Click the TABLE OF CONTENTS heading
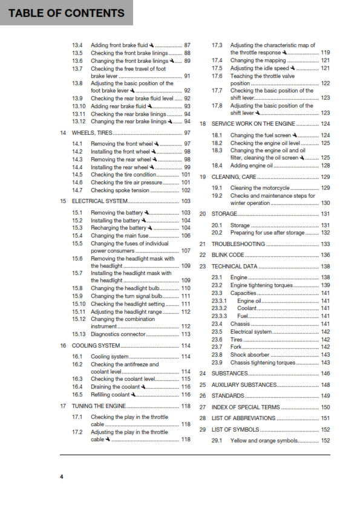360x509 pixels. [x=66, y=13]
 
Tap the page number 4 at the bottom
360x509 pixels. [x=61, y=477]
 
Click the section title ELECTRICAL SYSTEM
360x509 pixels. [x=100, y=201]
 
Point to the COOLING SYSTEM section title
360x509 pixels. [x=96, y=346]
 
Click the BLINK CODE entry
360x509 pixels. [x=228, y=255]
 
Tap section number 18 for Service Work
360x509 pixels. [x=203, y=123]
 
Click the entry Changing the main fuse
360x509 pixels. [x=119, y=235]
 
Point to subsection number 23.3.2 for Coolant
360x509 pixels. [x=219, y=308]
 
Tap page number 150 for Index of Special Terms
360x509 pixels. [x=326, y=407]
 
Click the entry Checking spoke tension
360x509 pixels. [x=119, y=190]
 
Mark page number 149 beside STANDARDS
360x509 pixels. [x=326, y=396]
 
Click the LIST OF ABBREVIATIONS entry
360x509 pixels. [x=243, y=418]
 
